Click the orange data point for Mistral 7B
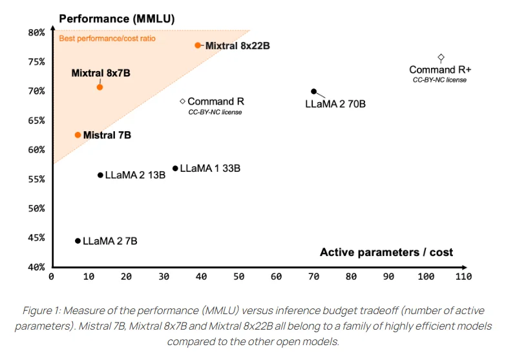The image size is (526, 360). [78, 135]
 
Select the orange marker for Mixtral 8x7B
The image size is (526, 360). [100, 87]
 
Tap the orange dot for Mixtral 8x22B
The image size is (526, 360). [198, 45]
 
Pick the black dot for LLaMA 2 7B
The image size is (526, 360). [78, 241]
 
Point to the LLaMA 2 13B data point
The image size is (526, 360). [100, 175]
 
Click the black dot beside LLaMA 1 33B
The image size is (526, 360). [175, 169]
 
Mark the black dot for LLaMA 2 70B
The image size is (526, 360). [314, 92]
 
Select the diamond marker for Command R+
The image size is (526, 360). [441, 58]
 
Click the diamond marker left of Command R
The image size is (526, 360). [183, 101]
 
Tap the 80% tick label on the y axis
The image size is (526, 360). [37, 32]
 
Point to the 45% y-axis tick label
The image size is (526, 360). [37, 238]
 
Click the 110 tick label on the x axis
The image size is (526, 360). [463, 277]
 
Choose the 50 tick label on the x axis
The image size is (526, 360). [238, 277]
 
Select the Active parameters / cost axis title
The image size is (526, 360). [386, 252]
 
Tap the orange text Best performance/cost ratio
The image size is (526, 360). [107, 39]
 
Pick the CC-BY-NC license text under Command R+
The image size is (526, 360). [439, 79]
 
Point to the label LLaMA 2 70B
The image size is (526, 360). [335, 103]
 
